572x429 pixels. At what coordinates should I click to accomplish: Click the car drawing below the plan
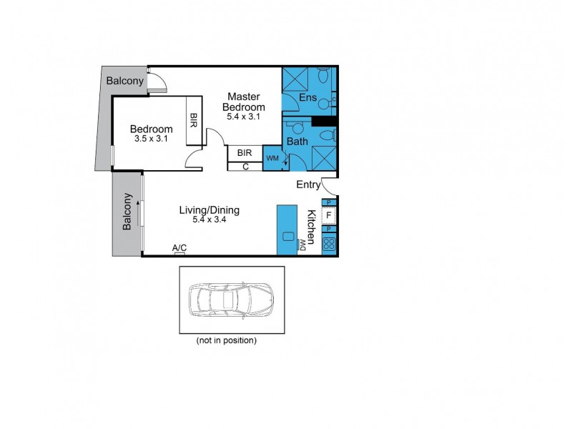230,301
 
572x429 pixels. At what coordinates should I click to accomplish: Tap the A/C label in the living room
179,247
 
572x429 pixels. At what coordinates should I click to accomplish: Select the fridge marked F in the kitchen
329,214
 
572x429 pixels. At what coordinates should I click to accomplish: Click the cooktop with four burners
329,244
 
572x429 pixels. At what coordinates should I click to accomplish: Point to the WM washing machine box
272,157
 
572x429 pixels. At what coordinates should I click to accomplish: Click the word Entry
309,185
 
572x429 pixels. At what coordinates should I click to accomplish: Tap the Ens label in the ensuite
307,98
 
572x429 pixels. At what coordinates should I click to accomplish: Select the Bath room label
297,142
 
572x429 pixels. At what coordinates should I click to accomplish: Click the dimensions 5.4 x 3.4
209,220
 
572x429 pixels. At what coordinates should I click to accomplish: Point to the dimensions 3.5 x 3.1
151,139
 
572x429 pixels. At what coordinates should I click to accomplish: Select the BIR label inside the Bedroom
194,121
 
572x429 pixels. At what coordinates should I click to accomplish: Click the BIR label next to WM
245,153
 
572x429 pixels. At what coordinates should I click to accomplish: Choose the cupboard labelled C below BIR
245,167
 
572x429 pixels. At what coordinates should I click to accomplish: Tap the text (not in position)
226,340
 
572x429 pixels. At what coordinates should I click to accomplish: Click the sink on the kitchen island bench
288,237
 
